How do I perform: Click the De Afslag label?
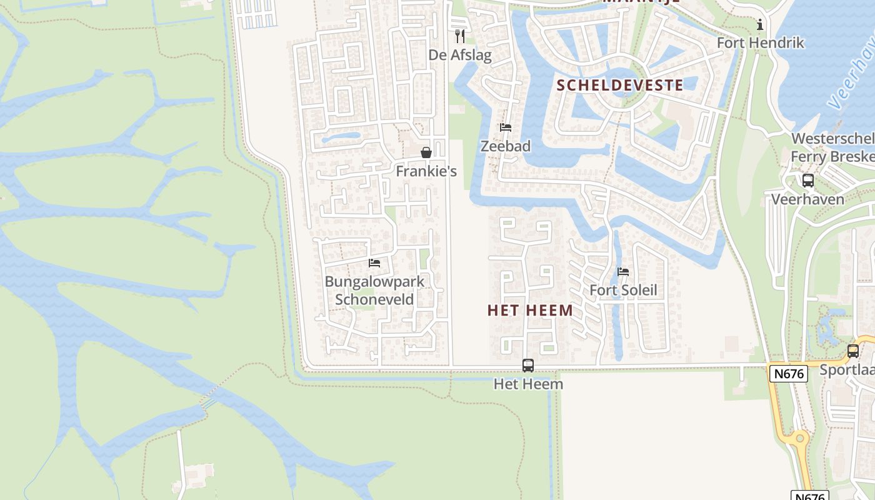click(x=460, y=55)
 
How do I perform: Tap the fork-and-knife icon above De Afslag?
click(x=460, y=36)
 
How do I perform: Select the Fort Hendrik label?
click(x=760, y=42)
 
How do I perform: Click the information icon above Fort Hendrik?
click(x=760, y=24)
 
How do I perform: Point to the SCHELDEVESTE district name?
click(x=619, y=85)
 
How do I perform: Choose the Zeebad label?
click(x=506, y=146)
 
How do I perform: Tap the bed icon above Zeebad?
click(x=506, y=127)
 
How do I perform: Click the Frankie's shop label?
click(x=426, y=171)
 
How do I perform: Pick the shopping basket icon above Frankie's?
click(x=426, y=152)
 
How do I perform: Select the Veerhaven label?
click(x=807, y=199)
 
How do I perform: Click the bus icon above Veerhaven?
click(x=807, y=181)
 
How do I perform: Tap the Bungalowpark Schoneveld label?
click(x=374, y=290)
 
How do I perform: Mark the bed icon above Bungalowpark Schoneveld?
click(x=374, y=262)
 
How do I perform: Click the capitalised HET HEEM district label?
click(x=530, y=310)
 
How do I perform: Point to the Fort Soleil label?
click(x=623, y=290)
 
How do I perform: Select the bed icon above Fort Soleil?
click(x=623, y=272)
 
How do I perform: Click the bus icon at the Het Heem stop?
click(x=528, y=365)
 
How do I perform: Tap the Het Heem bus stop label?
click(x=528, y=384)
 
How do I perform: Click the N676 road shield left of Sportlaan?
click(x=789, y=374)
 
